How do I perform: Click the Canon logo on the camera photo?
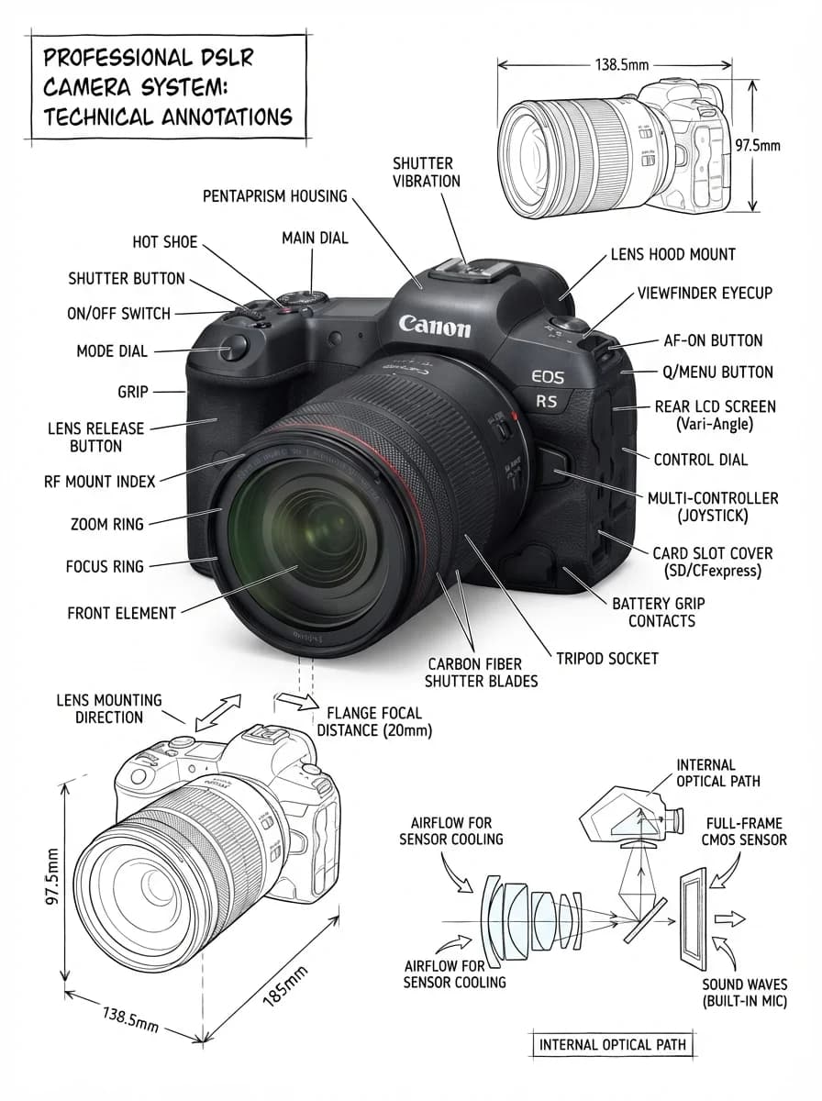click(x=435, y=327)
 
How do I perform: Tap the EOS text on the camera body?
click(x=548, y=377)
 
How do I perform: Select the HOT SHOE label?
click(x=165, y=242)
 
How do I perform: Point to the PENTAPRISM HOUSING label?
click(x=275, y=196)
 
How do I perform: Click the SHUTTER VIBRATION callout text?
click(x=427, y=172)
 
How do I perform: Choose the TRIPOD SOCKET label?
click(x=607, y=659)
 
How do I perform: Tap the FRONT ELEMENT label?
click(x=122, y=613)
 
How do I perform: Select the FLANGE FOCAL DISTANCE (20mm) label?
click(x=374, y=722)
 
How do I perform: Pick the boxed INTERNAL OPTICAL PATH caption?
click(x=612, y=1045)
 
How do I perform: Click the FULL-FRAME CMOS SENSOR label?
click(x=744, y=831)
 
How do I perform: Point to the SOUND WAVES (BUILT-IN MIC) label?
click(x=745, y=993)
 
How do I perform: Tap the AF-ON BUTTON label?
click(x=713, y=340)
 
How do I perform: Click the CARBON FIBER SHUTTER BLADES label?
click(x=481, y=673)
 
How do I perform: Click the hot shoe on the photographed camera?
click(x=475, y=272)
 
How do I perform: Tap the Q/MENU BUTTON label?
click(x=717, y=373)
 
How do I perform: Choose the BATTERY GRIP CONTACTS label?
click(x=659, y=613)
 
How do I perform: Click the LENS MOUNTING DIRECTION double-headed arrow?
click(x=218, y=713)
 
